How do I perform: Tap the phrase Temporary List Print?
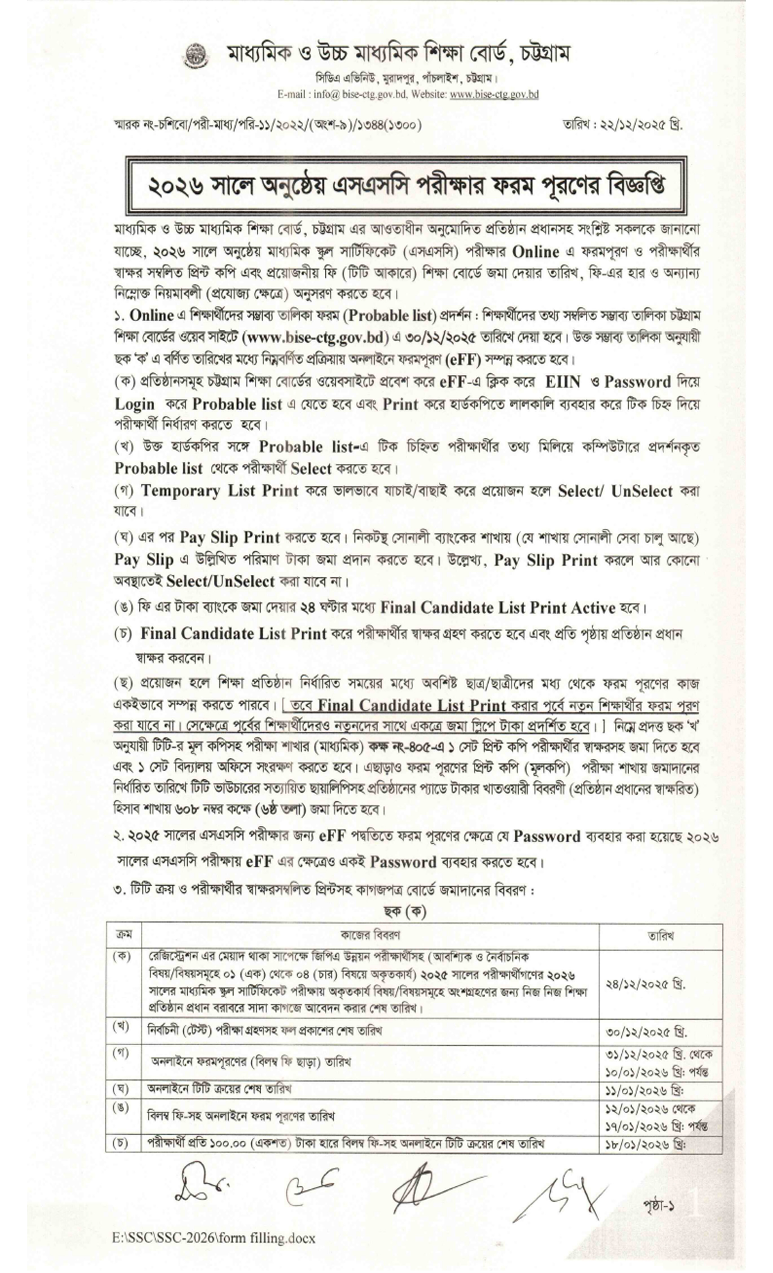pos(219,490)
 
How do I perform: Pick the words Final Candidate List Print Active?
pos(497,608)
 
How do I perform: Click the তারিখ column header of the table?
pos(660,935)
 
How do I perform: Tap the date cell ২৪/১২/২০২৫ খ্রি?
pos(646,984)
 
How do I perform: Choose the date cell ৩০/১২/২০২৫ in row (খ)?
pos(646,1032)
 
